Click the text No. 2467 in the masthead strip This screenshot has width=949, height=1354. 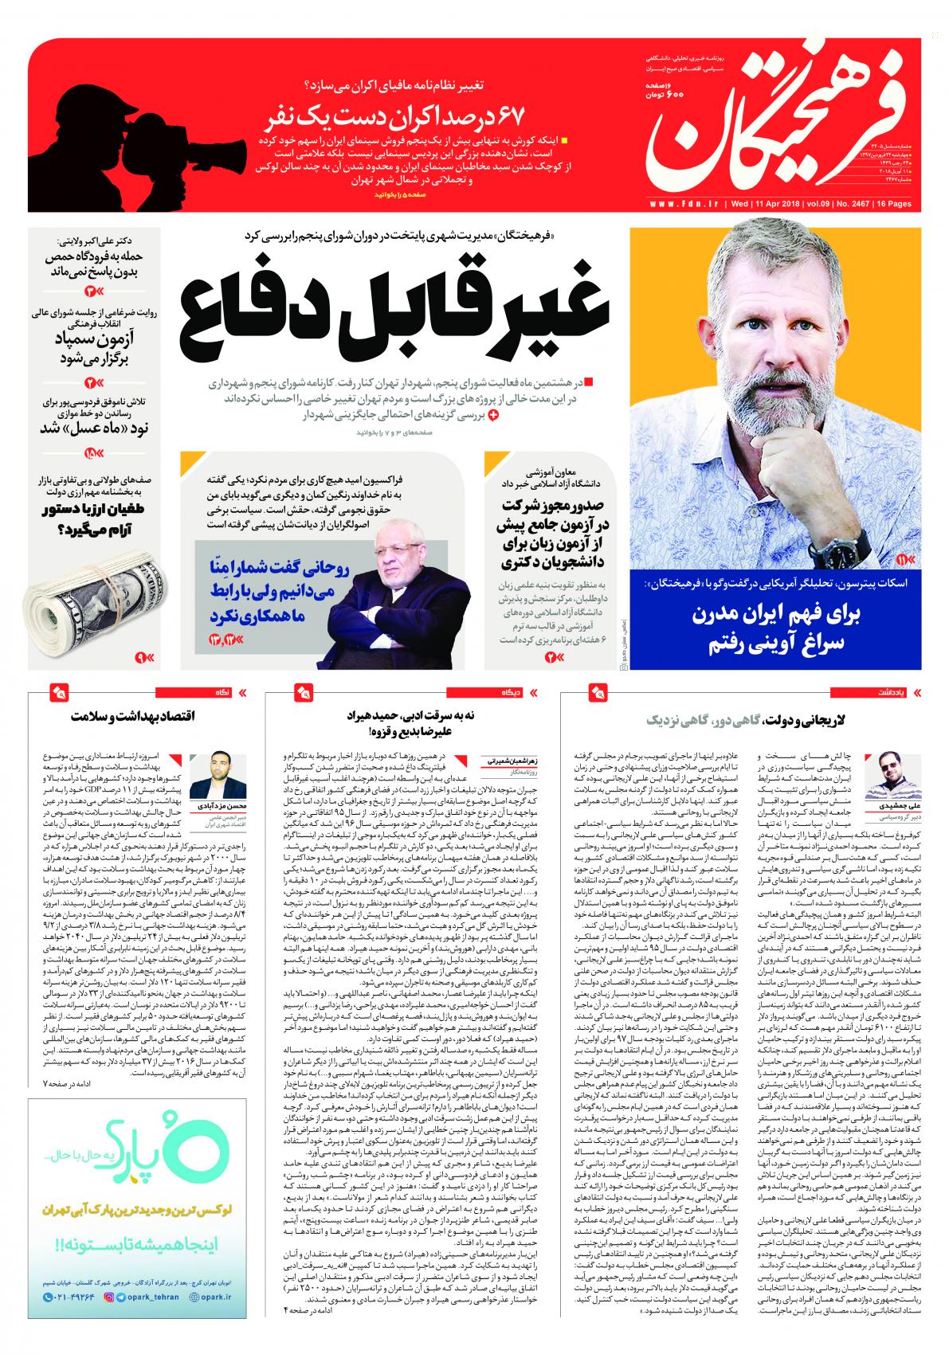click(855, 205)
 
